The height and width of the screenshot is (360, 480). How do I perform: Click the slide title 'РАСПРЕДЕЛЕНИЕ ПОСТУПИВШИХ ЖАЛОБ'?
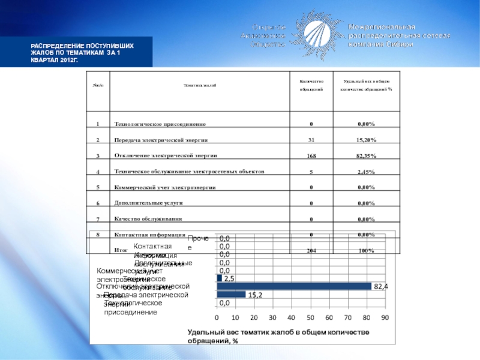(x=83, y=53)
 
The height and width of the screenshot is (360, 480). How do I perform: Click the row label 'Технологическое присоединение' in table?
(x=160, y=124)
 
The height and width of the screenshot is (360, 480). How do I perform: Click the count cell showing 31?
(x=311, y=140)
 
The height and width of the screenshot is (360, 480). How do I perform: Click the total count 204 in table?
(x=311, y=251)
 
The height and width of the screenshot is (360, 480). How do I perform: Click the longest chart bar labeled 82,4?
(x=294, y=286)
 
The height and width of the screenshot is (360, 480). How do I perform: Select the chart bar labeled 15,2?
(x=231, y=295)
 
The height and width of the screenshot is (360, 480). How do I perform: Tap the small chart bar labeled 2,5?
(x=219, y=278)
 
